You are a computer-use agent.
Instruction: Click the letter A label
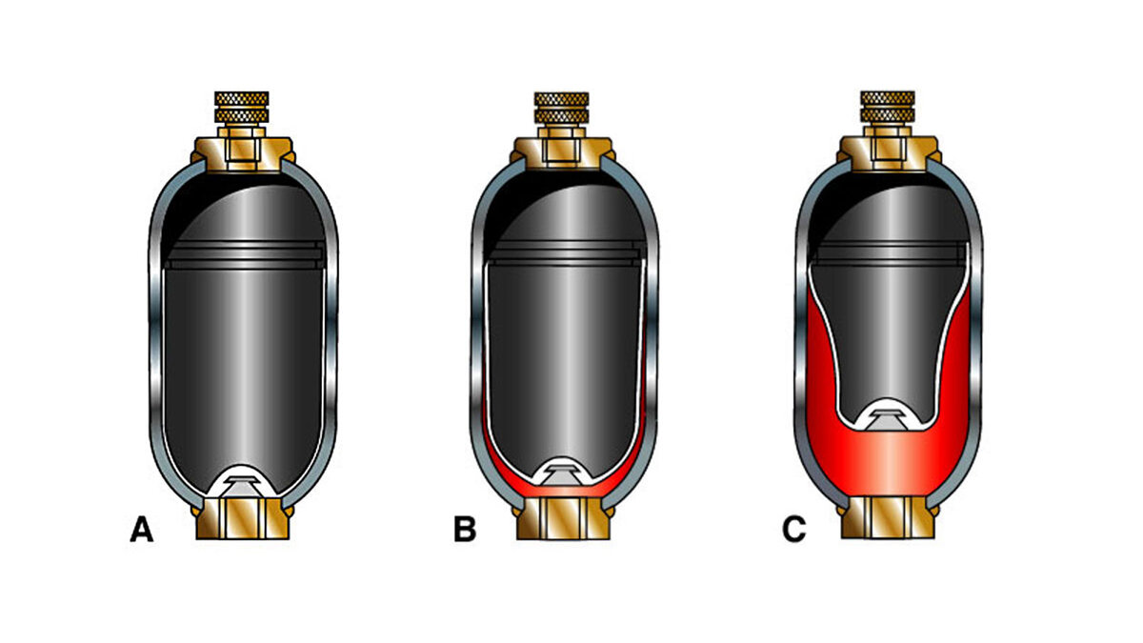coord(142,530)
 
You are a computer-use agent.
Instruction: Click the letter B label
coord(465,530)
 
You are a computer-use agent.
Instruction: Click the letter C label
coord(794,530)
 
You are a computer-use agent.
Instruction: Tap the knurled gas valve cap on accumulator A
coord(241,109)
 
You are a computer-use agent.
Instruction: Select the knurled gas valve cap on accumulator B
coord(561,109)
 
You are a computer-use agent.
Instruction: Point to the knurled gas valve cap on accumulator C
coord(888,108)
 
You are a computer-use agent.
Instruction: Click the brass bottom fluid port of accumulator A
coord(243,518)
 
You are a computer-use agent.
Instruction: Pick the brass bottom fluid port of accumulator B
coord(563,518)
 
